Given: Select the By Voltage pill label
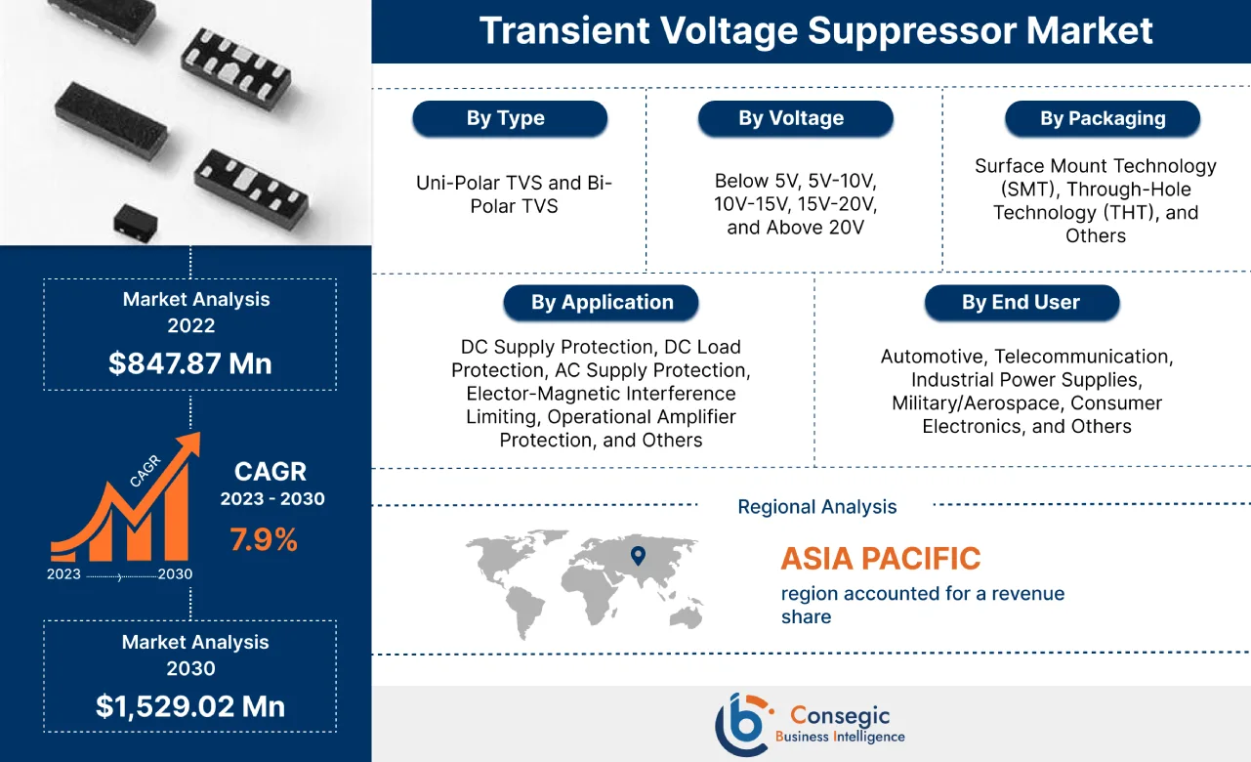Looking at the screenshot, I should (795, 119).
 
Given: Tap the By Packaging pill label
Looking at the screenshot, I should (1102, 119).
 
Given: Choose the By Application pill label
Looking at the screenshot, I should (602, 303).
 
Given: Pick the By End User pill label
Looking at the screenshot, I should (1021, 303).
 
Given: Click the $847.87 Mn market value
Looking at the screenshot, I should (190, 363).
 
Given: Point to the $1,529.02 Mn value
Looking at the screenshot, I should (190, 706).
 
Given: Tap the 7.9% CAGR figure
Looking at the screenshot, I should (264, 538).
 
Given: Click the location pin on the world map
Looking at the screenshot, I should (638, 556).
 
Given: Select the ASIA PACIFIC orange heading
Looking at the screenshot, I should (880, 559).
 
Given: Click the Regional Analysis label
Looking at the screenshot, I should (816, 507).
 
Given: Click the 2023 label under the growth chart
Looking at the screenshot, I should (63, 574).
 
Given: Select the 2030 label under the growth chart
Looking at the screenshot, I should (175, 574).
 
